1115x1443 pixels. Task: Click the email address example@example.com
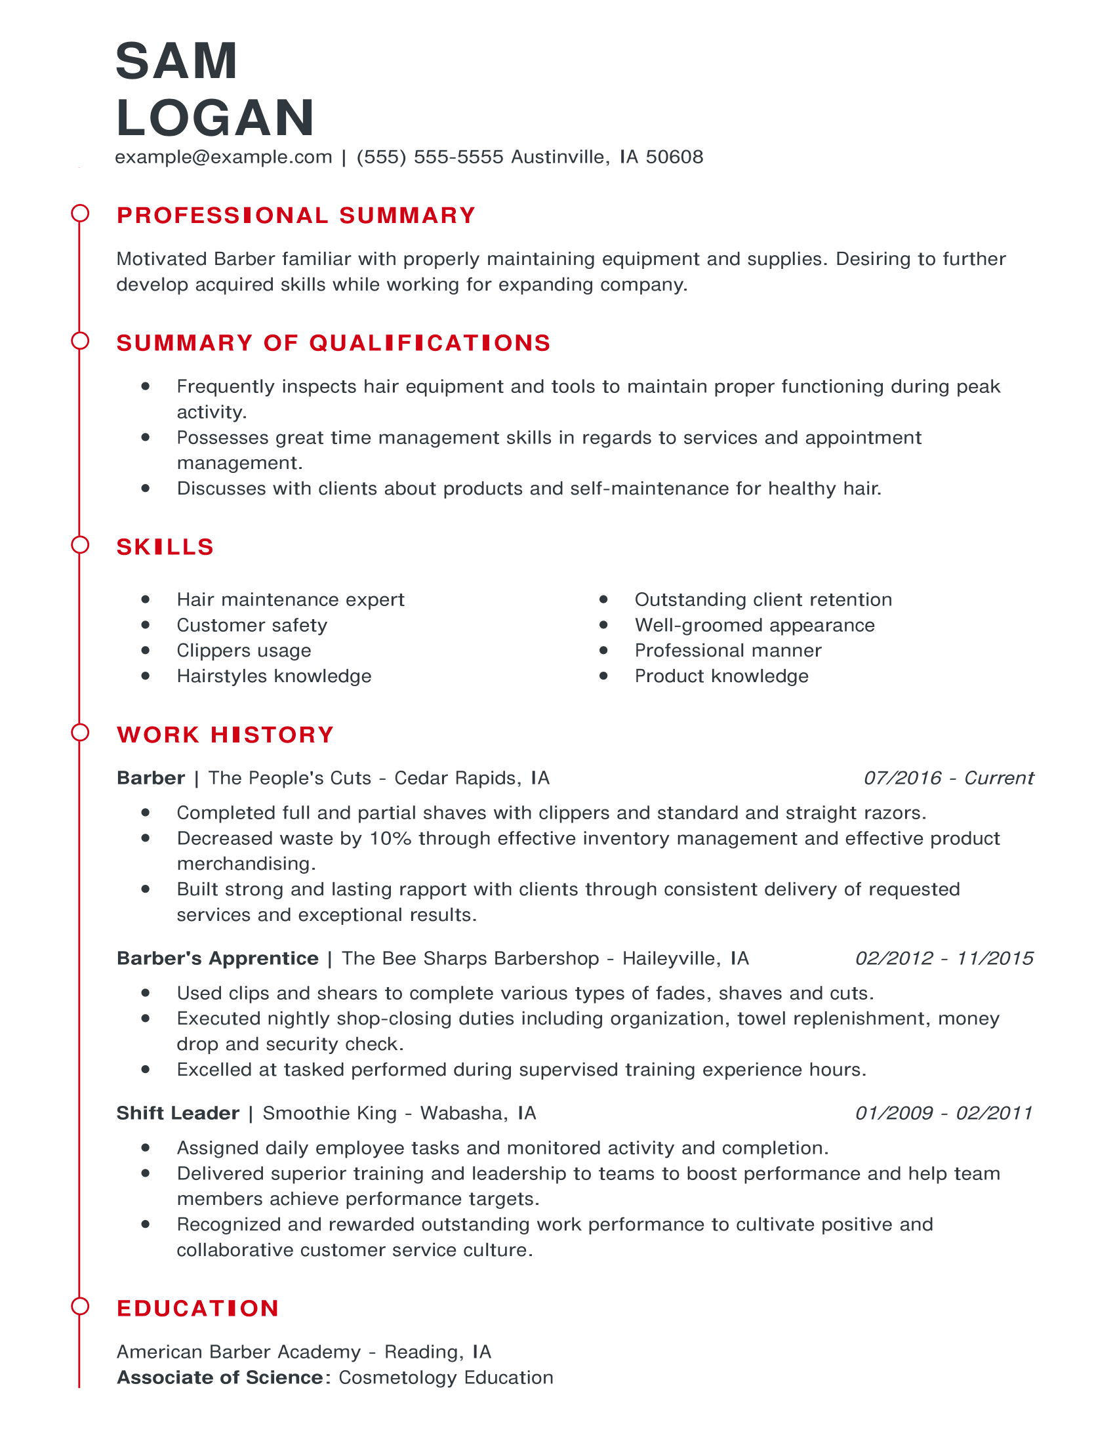click(223, 157)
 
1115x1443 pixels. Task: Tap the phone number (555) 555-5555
click(430, 157)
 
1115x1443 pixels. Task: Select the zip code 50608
click(674, 157)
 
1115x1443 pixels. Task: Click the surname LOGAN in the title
click(215, 118)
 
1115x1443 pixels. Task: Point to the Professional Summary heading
click(296, 215)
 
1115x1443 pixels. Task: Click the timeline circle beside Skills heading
click(80, 545)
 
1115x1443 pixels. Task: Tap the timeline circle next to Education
click(80, 1306)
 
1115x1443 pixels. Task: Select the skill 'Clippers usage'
click(244, 651)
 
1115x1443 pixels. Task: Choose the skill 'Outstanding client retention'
click(763, 600)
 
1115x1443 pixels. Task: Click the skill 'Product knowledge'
click(721, 677)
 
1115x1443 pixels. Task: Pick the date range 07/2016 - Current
click(948, 779)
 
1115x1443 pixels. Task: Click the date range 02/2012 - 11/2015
click(944, 959)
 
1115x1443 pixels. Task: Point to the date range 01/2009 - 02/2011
click(943, 1113)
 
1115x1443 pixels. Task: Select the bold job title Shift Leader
click(178, 1113)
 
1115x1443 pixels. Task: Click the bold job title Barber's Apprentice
click(217, 959)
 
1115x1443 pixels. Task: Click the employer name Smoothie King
click(330, 1113)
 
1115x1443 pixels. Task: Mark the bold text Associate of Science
click(220, 1377)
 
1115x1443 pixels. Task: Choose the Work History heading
click(225, 735)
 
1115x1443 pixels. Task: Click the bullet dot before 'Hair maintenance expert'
click(146, 600)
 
